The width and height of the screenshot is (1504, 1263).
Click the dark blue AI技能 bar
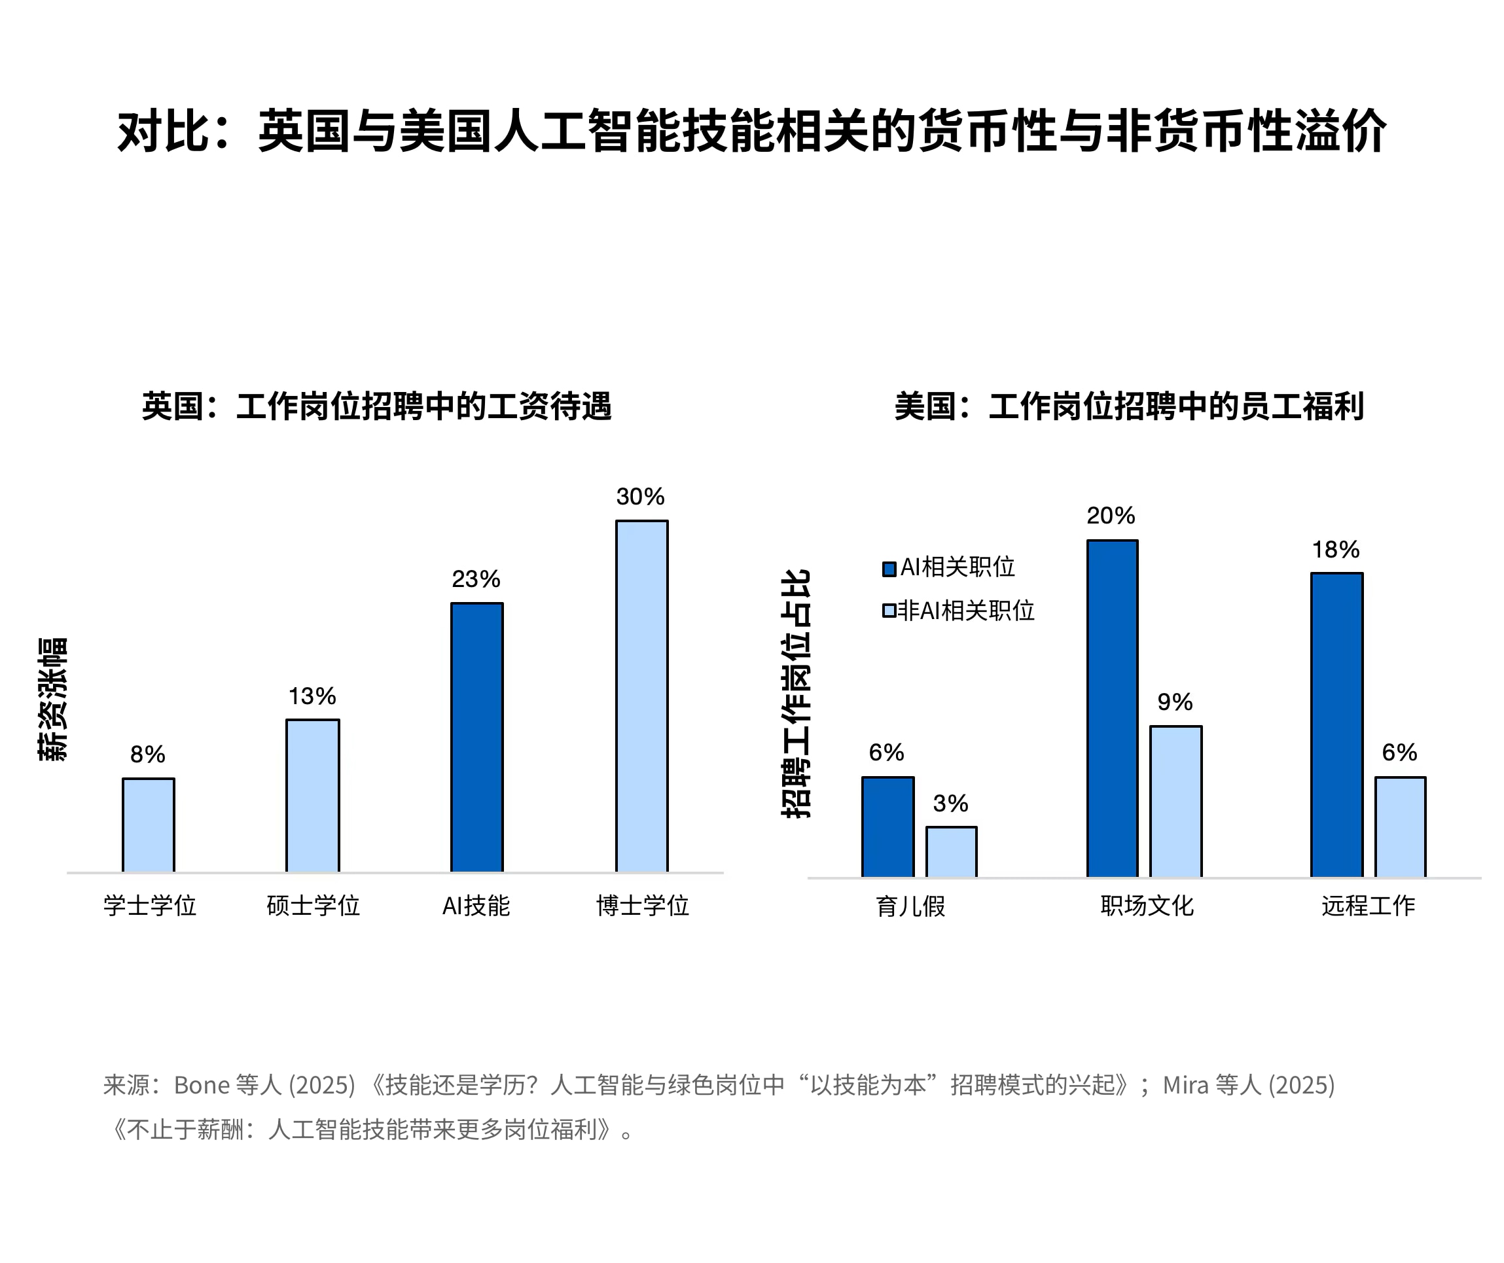point(477,738)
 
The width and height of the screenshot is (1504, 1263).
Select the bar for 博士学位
point(641,696)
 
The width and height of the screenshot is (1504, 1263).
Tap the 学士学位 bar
point(149,825)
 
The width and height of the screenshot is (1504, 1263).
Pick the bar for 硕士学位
point(313,796)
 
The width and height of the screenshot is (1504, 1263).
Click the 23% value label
point(476,579)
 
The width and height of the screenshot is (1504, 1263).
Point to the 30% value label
point(640,497)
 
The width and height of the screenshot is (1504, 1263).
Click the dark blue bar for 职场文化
point(1112,709)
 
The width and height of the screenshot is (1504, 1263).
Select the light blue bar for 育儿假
point(951,852)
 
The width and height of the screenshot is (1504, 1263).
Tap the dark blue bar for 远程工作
point(1336,724)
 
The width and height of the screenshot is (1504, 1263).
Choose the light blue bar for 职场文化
point(1176,802)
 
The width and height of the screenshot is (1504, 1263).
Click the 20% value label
point(1111,516)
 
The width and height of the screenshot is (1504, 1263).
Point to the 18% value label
point(1336,550)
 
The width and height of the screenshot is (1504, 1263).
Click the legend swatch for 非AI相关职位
point(889,611)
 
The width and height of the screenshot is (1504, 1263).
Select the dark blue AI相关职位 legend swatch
point(889,569)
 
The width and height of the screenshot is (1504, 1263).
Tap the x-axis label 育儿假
point(910,906)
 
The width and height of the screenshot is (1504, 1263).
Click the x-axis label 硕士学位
point(313,906)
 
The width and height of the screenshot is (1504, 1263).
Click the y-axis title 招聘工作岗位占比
point(796,694)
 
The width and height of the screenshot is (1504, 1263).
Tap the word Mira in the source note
point(1185,1086)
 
